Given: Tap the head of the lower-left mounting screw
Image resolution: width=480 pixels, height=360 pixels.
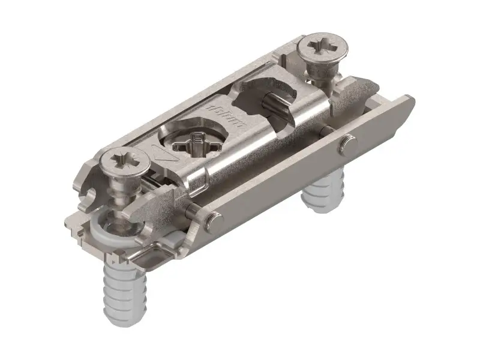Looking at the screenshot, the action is (126, 162).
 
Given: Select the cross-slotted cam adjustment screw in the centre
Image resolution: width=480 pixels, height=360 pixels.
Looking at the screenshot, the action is (196, 143).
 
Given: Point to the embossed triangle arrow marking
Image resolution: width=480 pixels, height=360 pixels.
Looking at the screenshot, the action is (164, 154).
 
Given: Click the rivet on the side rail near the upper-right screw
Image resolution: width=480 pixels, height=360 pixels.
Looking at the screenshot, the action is (347, 144).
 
